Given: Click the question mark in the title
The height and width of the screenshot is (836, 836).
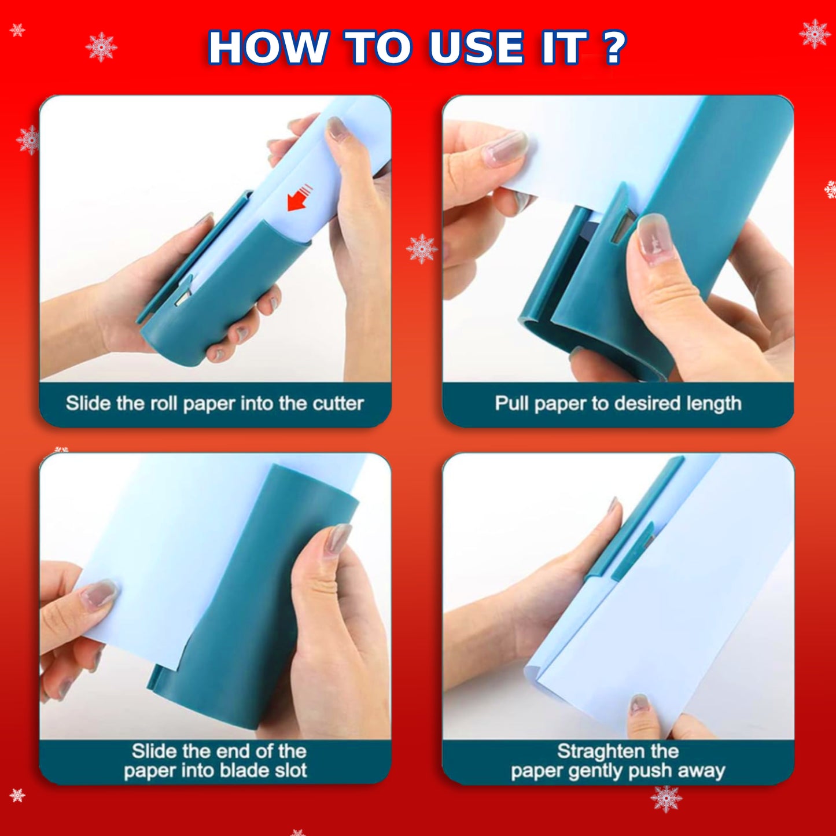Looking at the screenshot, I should (614, 47).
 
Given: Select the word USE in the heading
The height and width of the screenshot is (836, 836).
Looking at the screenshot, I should (477, 47).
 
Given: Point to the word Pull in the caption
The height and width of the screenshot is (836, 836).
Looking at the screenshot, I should (512, 403).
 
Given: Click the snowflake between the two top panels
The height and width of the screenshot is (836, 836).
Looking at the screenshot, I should (421, 249).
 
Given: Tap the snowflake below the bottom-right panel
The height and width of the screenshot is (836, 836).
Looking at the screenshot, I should (666, 799).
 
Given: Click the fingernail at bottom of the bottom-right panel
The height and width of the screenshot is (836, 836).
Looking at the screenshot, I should (639, 705).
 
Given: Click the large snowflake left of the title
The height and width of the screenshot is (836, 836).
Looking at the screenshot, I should (101, 47).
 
